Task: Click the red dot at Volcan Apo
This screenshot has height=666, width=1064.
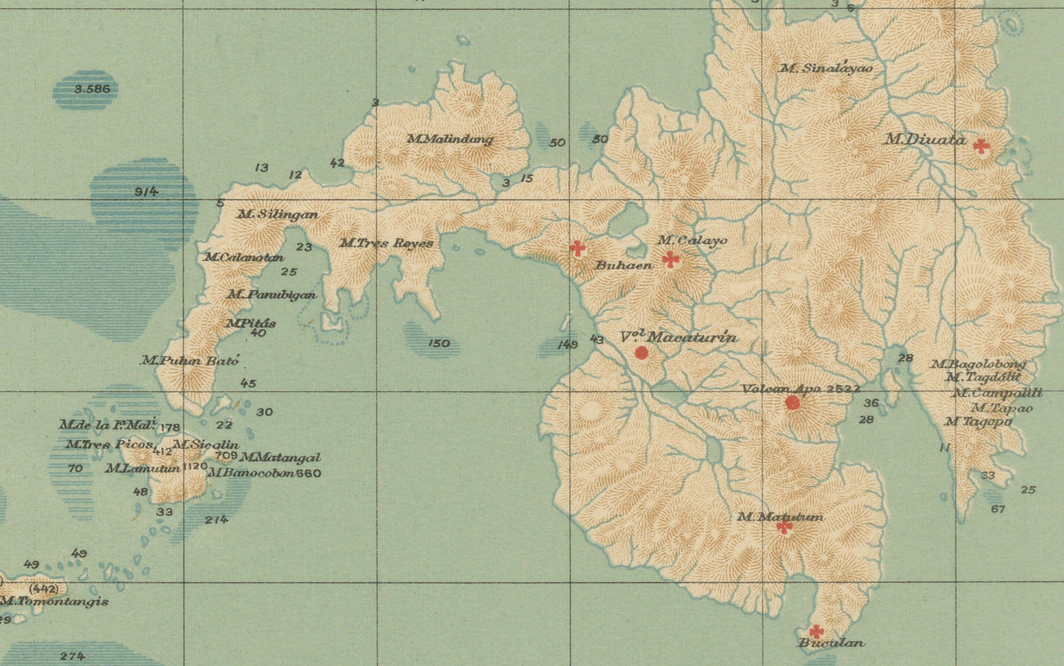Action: tap(792, 403)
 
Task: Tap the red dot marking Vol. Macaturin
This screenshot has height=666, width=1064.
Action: tap(641, 352)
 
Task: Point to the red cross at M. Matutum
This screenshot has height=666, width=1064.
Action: tap(784, 526)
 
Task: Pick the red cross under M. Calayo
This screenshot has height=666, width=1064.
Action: tap(671, 259)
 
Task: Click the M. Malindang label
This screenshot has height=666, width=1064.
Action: tap(450, 140)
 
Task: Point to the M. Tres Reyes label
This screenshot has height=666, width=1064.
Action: tap(386, 243)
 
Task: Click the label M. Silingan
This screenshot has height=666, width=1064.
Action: tap(278, 215)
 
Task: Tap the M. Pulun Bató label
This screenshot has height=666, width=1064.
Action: tap(190, 361)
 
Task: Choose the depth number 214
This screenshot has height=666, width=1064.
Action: tap(216, 520)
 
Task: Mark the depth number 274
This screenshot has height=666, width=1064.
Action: tap(72, 656)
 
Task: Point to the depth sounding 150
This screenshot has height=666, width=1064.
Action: tap(439, 343)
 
